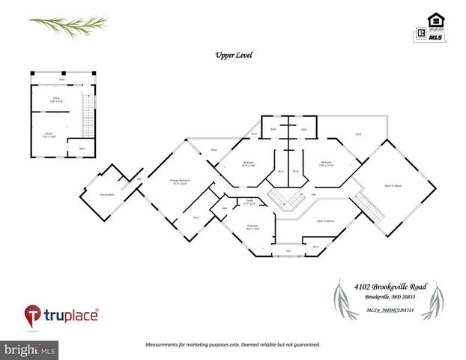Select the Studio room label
click(x=49, y=136)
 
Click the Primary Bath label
click(x=106, y=194)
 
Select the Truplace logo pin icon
click(x=33, y=314)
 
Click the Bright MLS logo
click(x=31, y=349)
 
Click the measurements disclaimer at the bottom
click(x=232, y=344)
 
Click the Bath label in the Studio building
click(x=82, y=148)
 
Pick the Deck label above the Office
click(x=62, y=79)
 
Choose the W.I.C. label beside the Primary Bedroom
click(x=196, y=217)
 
